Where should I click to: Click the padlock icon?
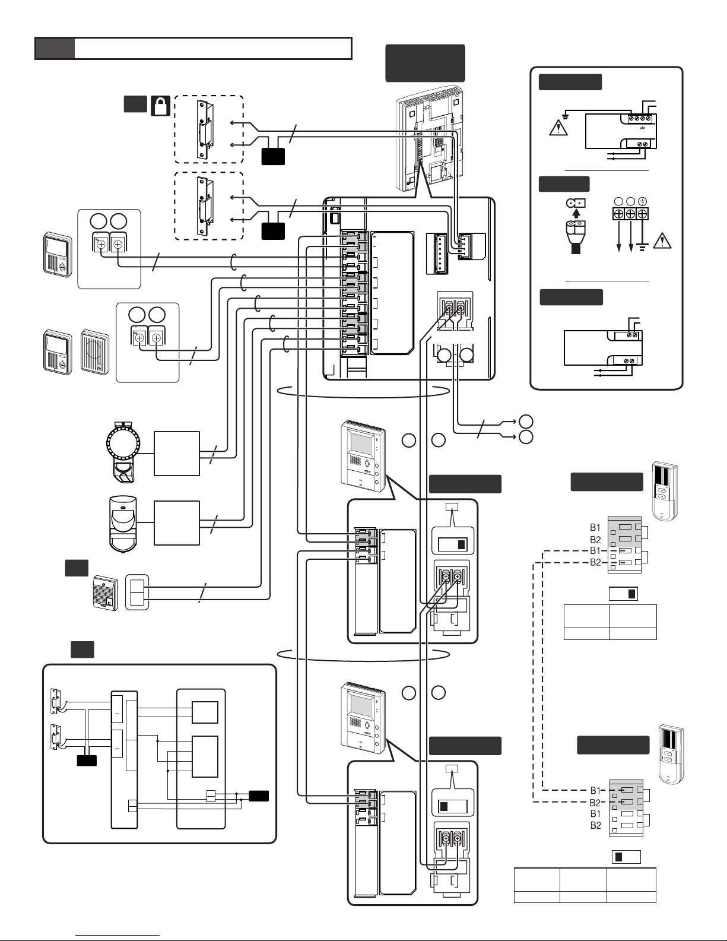tap(161, 106)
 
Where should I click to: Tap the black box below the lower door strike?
tap(273, 232)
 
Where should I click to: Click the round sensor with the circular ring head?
tap(123, 452)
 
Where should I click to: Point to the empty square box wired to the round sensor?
tap(177, 454)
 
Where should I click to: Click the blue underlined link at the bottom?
tap(118, 936)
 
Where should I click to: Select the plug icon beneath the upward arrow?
tap(576, 237)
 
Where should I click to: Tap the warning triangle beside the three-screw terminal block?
tap(662, 241)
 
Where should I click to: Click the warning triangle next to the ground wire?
tap(558, 128)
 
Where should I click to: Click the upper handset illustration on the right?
tap(665, 490)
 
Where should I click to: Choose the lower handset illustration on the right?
tap(671, 755)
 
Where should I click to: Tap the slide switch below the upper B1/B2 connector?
tap(623, 594)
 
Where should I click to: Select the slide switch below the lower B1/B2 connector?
tap(626, 857)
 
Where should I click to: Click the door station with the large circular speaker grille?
tap(95, 353)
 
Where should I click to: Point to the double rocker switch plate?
tap(137, 592)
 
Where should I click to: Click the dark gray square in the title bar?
tap(55, 48)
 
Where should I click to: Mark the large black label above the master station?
tap(426, 63)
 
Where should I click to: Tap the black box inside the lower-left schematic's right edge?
tap(259, 796)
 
